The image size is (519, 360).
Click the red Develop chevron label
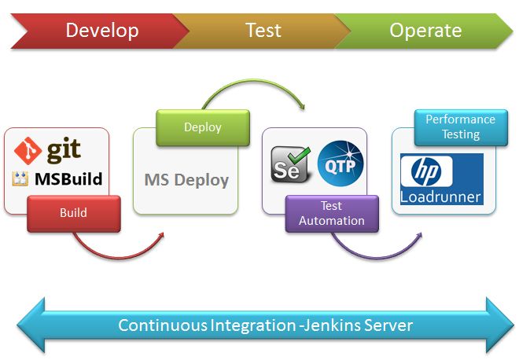tap(102, 31)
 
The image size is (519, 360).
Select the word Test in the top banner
tap(263, 31)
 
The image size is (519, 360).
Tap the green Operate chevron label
tap(425, 31)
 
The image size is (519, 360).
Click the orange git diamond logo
tap(28, 151)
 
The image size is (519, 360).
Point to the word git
tap(64, 150)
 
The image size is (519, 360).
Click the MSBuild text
tap(68, 179)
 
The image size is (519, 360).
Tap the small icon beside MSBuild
tap(20, 178)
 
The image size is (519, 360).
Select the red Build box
tap(74, 214)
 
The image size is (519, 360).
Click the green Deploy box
tap(203, 127)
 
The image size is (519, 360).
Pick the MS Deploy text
tap(186, 180)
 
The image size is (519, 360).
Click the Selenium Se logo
tap(290, 164)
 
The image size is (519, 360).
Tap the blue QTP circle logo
tap(340, 163)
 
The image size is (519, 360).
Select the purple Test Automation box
tap(332, 214)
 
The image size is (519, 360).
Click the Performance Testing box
tap(461, 127)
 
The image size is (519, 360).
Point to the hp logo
tap(426, 171)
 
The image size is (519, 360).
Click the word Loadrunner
tap(440, 197)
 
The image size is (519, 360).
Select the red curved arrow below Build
tap(117, 258)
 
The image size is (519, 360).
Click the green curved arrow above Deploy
tap(254, 79)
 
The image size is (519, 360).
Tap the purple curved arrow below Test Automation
tap(377, 258)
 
